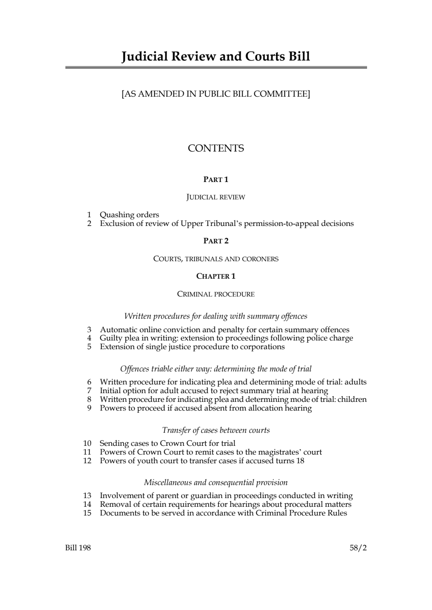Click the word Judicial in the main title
click(144, 57)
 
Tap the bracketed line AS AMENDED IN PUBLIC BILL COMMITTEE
click(216, 94)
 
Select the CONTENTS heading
click(216, 148)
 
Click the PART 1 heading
click(216, 179)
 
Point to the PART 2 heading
click(216, 241)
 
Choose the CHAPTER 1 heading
click(216, 276)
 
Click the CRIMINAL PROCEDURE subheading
click(216, 294)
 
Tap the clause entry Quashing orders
click(129, 215)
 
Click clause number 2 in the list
click(89, 223)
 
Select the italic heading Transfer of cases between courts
click(216, 430)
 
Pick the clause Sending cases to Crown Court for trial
click(167, 443)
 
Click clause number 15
click(87, 513)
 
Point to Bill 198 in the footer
click(78, 548)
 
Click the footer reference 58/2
click(358, 548)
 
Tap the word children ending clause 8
click(352, 399)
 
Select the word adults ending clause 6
click(355, 382)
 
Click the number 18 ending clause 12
click(300, 461)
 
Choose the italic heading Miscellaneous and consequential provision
click(216, 482)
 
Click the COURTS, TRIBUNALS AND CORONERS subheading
click(216, 259)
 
